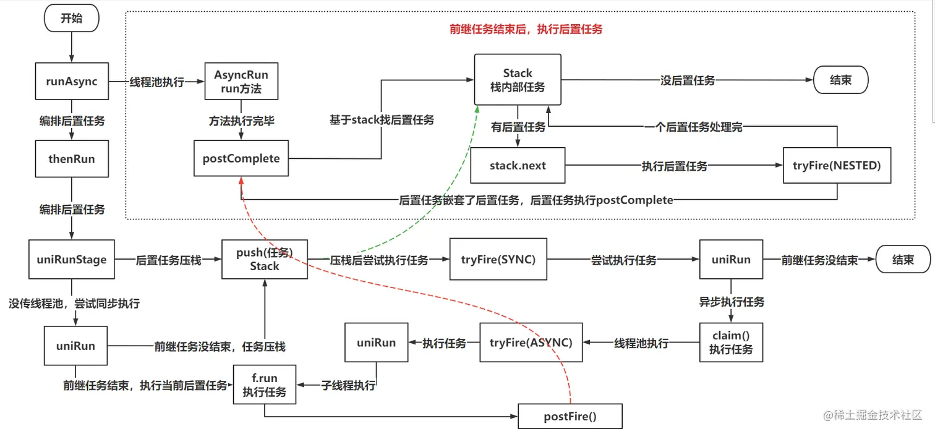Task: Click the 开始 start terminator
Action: (x=71, y=19)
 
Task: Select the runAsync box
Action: (x=72, y=81)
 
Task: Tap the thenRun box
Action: (x=72, y=159)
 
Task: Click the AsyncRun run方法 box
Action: (x=241, y=81)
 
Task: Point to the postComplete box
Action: (x=241, y=159)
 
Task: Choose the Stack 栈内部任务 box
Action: (x=518, y=80)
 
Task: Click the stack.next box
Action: (x=518, y=166)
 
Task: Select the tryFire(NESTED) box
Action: (x=837, y=165)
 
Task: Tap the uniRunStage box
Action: (x=72, y=260)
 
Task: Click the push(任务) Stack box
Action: (x=265, y=260)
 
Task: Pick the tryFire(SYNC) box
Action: (x=498, y=260)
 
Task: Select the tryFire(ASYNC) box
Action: (x=531, y=343)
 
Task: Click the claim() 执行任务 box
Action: (x=731, y=343)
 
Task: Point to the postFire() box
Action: (x=570, y=416)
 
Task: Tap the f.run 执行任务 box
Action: (x=265, y=385)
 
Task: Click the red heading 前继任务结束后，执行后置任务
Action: (x=526, y=29)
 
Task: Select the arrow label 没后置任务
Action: (x=688, y=80)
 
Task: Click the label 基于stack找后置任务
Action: (x=382, y=120)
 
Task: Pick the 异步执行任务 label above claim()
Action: (x=732, y=302)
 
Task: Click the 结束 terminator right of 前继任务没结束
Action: (x=903, y=260)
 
